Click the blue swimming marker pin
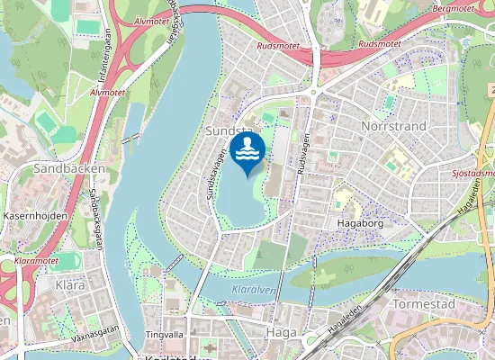tap(247, 152)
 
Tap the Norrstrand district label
tap(393, 127)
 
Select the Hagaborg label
tap(359, 222)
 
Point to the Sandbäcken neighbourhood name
tap(68, 168)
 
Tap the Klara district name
tap(69, 284)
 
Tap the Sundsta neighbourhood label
tap(226, 131)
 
